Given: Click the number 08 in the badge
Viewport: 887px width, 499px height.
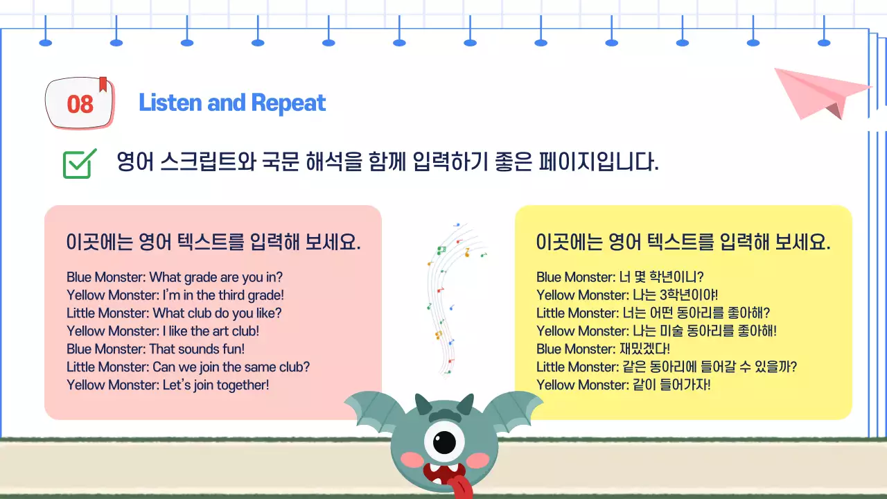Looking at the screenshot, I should click(80, 104).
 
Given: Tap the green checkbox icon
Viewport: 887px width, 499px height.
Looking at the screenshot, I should click(79, 164).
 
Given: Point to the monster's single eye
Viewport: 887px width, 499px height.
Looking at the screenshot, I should click(444, 441).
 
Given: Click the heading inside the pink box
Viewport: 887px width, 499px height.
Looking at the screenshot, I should click(213, 243).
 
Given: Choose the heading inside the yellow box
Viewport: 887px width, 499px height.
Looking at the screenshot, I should click(683, 243).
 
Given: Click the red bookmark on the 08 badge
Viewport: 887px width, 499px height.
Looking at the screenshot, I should click(103, 84).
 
